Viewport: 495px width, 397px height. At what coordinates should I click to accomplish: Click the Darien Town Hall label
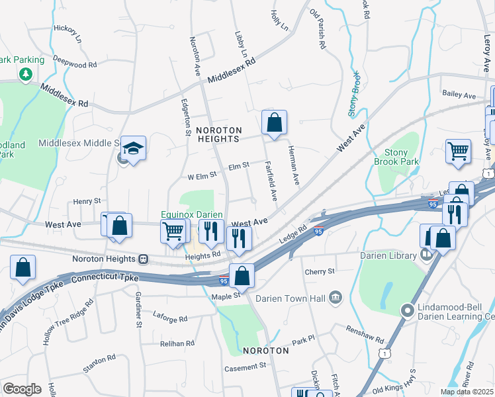coord(296,298)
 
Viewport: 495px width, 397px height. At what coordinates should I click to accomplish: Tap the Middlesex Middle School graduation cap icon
coord(134,150)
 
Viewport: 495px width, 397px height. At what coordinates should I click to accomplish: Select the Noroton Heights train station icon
coord(142,259)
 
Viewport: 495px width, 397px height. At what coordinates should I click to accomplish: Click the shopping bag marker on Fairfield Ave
coord(274,122)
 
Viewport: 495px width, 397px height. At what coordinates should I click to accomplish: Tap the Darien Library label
coord(386,255)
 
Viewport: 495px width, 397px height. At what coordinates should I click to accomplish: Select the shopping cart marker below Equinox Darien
coord(173,232)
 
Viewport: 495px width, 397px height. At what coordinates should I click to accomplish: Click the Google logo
coord(22,389)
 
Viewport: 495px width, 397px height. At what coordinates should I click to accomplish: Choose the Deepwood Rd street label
coord(75,63)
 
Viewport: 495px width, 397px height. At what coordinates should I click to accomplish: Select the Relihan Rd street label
coord(177,343)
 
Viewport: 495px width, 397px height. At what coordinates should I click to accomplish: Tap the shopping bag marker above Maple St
coord(242,276)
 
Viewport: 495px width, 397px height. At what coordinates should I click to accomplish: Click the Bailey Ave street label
coord(459,96)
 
